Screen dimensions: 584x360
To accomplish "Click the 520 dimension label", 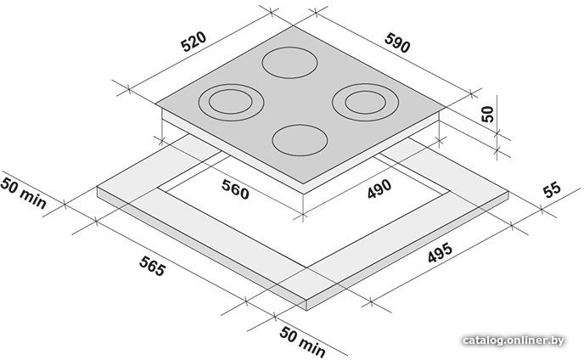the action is [x=193, y=42].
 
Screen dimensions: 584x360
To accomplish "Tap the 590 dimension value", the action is [x=397, y=42].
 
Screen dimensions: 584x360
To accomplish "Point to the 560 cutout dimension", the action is [x=234, y=188].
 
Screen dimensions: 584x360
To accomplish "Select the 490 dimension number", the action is [x=379, y=188].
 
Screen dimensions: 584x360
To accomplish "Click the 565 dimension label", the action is [x=152, y=266].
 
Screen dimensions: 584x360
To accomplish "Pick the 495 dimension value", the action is [x=440, y=252].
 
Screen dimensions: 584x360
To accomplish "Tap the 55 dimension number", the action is [x=552, y=189].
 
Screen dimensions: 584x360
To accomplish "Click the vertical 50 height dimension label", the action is [x=487, y=114].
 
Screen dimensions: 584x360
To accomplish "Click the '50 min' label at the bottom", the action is [x=302, y=341].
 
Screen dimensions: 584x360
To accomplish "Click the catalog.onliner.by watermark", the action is [x=514, y=340].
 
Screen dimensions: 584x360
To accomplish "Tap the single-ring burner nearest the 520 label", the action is [x=289, y=63].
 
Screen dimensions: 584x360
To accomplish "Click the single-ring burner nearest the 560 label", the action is [x=300, y=140].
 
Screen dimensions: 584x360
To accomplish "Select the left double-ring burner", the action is [x=231, y=102].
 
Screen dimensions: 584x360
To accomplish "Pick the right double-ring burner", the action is [x=365, y=102].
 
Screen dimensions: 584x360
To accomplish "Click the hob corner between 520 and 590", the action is [x=293, y=25].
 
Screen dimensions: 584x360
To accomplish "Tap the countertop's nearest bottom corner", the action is [x=306, y=310].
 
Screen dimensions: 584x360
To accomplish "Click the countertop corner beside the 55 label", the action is [x=508, y=192].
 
